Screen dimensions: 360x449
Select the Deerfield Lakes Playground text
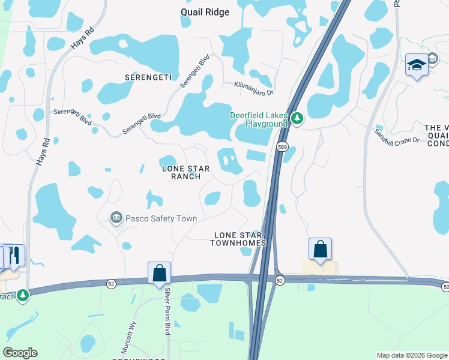tap(259, 119)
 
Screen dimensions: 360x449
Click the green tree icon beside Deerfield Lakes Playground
tap(297, 119)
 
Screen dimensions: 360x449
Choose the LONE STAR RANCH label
tap(186, 173)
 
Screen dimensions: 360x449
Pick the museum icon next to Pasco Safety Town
tap(116, 217)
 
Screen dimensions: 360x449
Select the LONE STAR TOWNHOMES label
tap(238, 239)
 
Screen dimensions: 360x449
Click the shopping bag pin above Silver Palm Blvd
tap(159, 272)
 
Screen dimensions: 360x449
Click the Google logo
tap(20, 353)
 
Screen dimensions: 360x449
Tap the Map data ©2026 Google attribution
tap(412, 355)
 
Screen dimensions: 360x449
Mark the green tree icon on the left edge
tap(23, 295)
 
